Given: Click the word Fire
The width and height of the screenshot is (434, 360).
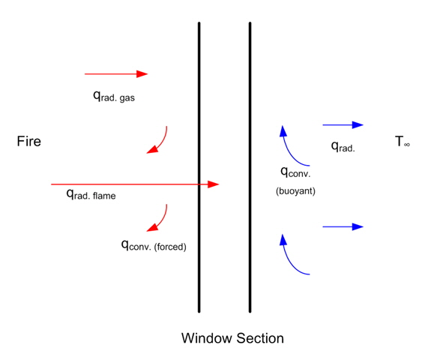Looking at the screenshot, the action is (29, 141).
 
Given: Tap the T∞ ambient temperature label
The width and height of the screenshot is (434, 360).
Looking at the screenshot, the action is (403, 141).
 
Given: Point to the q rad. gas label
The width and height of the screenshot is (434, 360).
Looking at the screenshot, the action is (114, 97).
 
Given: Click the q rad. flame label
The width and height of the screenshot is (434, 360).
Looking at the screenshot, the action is (91, 194).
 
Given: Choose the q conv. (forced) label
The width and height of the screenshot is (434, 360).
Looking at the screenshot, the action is (154, 245).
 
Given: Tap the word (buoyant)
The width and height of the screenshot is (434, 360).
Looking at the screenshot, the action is (295, 191).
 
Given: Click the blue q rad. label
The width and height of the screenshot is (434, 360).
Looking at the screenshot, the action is (343, 146).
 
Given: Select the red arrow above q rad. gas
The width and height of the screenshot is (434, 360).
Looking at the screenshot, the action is (116, 74).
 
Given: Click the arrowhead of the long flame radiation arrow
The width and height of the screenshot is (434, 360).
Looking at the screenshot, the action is (214, 184).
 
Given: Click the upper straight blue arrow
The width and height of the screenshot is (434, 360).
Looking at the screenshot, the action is (343, 125).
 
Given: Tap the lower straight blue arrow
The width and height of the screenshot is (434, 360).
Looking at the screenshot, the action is (343, 226).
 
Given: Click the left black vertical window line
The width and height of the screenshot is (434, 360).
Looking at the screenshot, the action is (199, 167).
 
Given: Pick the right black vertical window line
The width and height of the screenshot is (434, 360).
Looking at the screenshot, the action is (250, 167).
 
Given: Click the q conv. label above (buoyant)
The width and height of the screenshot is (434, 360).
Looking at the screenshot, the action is (295, 172).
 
